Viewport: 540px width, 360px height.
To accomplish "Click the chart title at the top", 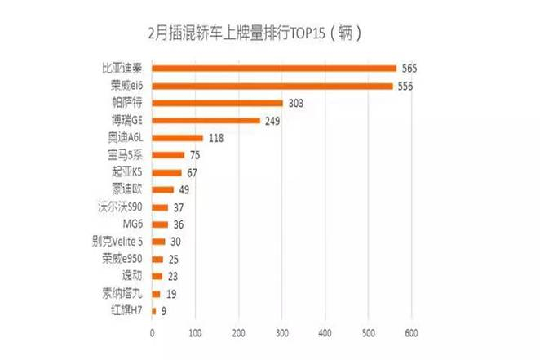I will pos(254,34).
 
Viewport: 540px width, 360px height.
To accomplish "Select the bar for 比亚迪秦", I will pos(274,69).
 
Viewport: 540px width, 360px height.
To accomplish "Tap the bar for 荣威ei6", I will pos(272,86).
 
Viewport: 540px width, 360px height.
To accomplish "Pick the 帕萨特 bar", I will pos(217,103).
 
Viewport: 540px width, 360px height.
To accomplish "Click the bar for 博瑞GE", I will pos(206,121).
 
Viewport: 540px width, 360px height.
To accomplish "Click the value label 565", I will pos(410,69).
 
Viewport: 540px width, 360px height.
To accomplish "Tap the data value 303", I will pos(297,103).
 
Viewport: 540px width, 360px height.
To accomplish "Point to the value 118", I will pos(216,138).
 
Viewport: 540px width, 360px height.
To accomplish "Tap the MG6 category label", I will pos(134,224).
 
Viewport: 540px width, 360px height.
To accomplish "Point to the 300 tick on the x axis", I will pos(281,333).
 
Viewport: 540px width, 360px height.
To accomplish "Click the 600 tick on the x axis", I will pos(410,333).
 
